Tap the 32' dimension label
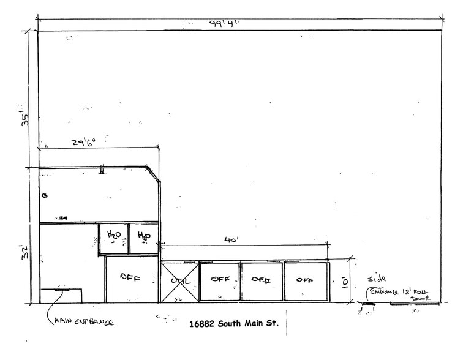(x=25, y=252)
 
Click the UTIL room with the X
(x=179, y=282)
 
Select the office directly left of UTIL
(x=131, y=278)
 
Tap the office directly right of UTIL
(x=219, y=280)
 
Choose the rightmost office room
(x=306, y=281)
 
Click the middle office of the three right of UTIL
(x=262, y=281)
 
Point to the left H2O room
(x=114, y=238)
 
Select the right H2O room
(x=145, y=238)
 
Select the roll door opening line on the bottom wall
(x=414, y=303)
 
